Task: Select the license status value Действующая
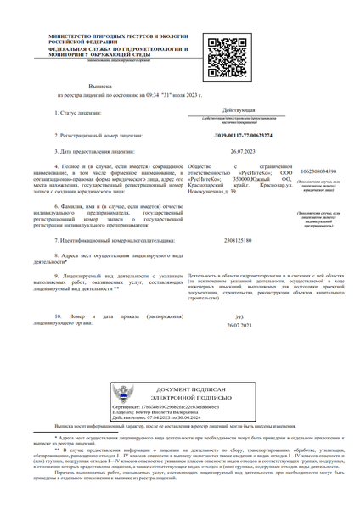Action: tap(237, 111)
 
